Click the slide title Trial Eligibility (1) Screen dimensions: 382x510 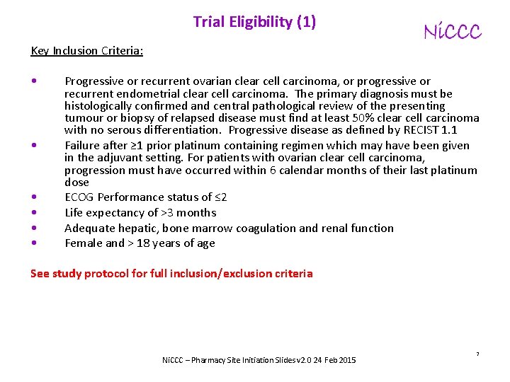click(x=254, y=22)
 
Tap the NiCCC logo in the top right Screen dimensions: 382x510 click(x=452, y=32)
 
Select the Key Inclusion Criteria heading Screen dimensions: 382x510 click(x=87, y=51)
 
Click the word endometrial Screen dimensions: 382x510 click(x=146, y=93)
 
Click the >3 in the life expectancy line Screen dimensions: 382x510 click(x=168, y=213)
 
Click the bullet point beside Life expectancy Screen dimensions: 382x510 click(x=35, y=213)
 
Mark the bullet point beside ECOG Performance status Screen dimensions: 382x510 click(x=35, y=197)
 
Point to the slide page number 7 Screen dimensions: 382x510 click(x=477, y=353)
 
